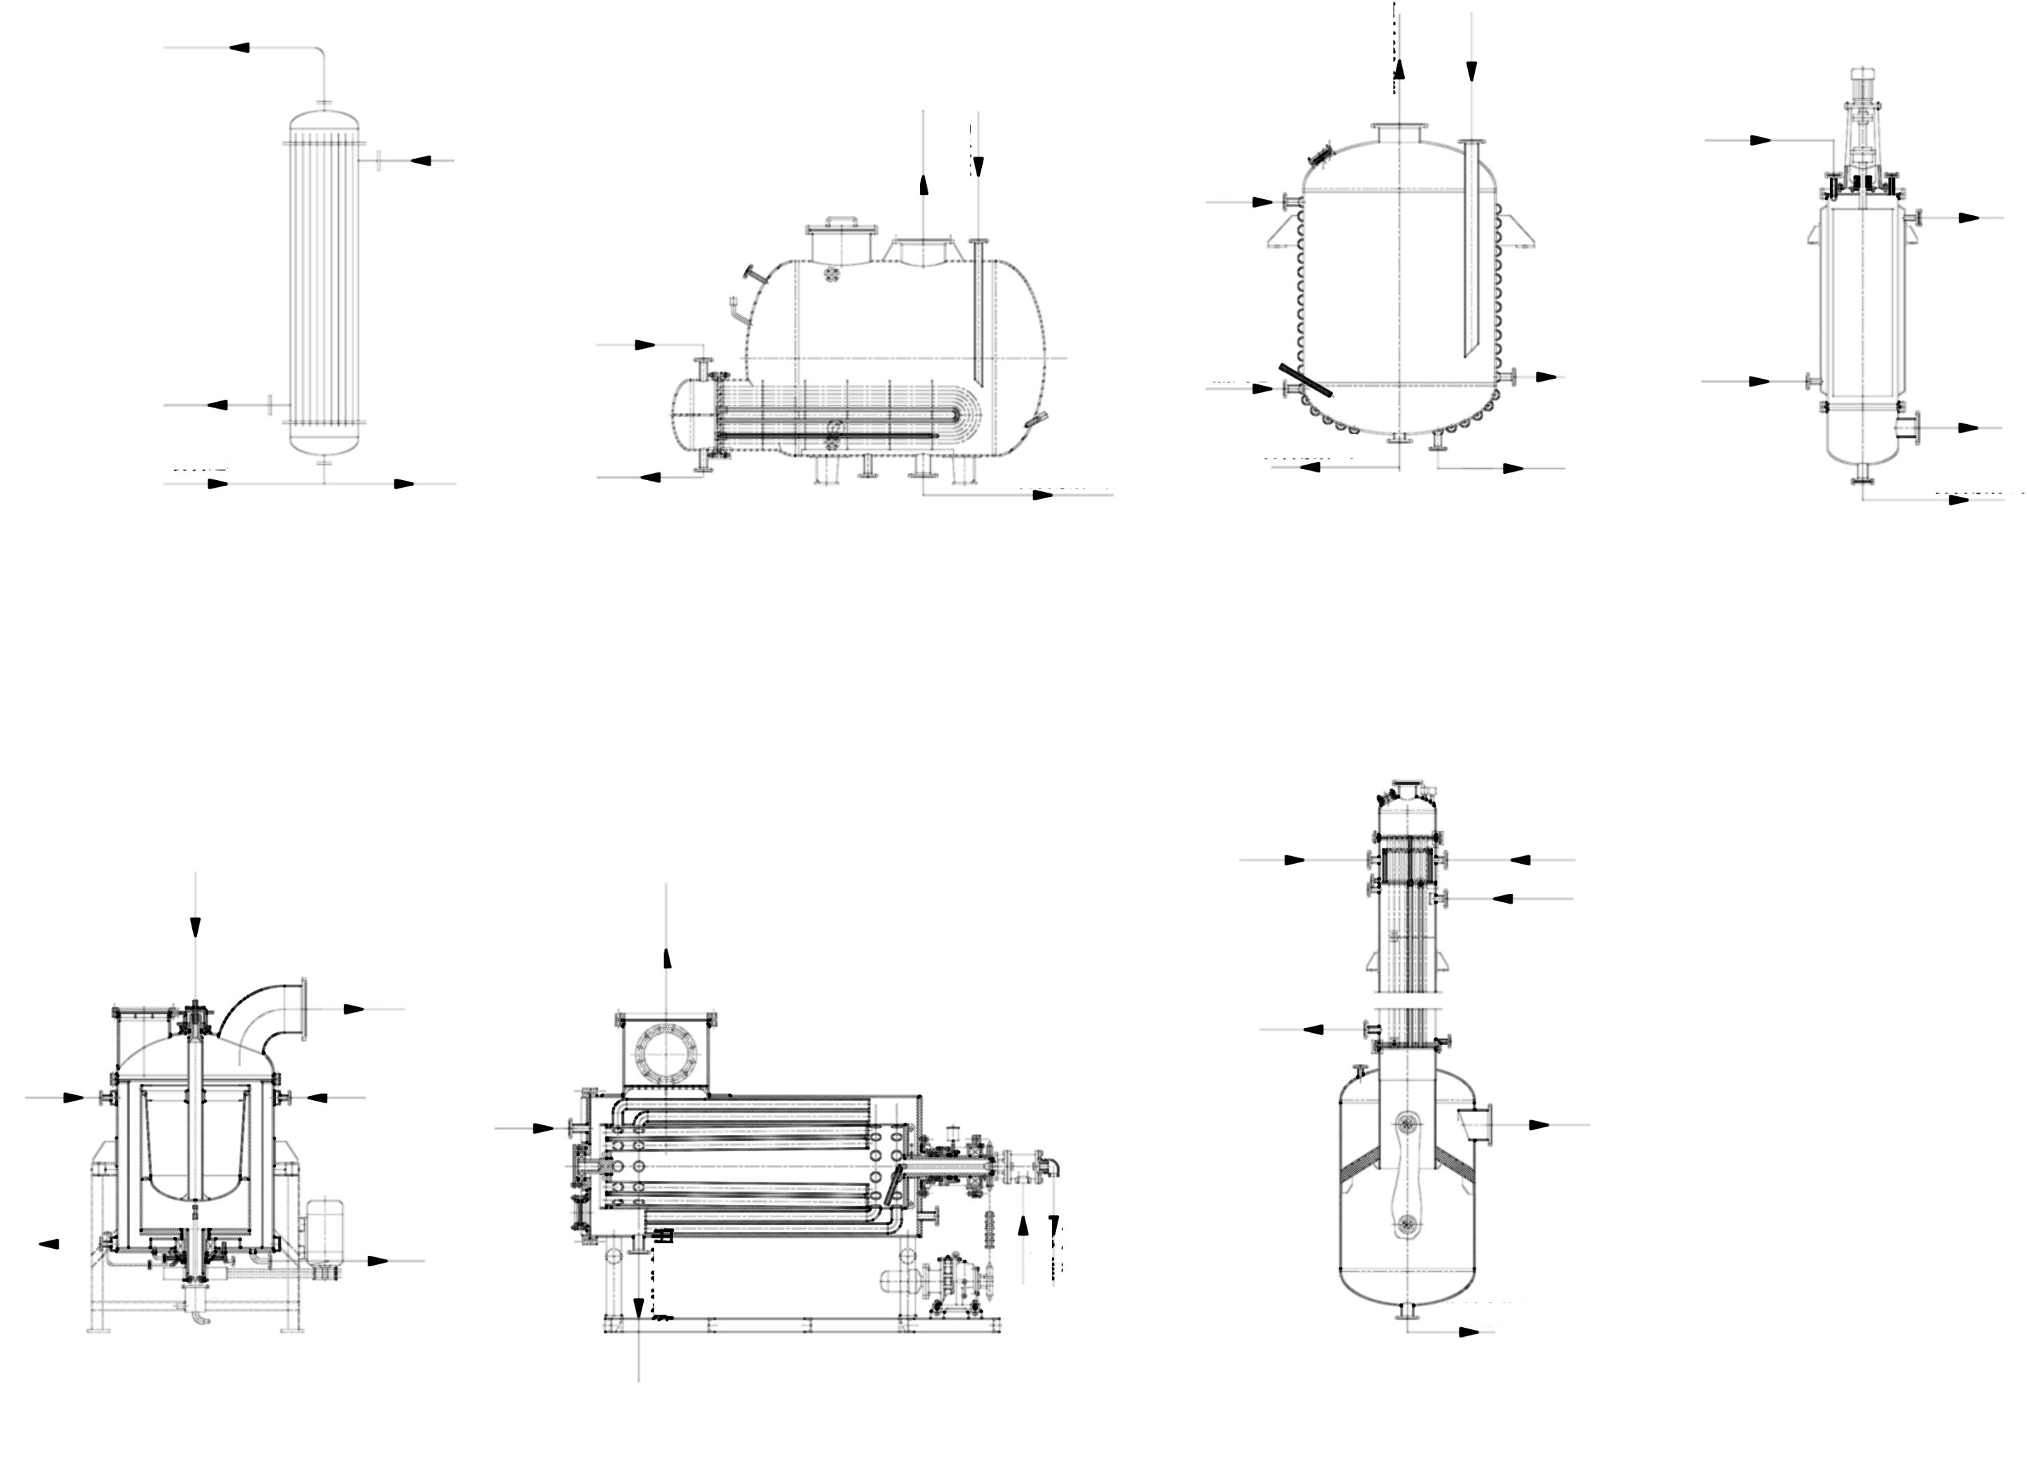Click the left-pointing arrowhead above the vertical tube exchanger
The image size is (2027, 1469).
pos(238,48)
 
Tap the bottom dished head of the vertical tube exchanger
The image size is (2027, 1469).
pos(324,442)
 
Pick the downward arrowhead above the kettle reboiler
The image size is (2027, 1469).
pos(979,166)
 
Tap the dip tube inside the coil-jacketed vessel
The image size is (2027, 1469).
pos(1471,250)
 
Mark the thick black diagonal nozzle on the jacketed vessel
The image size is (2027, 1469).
pos(1305,379)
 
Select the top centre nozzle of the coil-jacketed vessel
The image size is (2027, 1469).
pos(1399,132)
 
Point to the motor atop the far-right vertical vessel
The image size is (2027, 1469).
pos(1861,82)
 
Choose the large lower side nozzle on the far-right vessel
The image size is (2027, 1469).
pos(1909,428)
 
